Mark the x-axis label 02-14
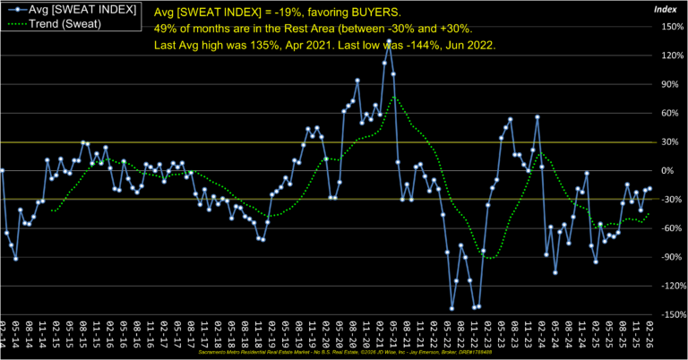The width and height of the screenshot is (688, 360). point(4,336)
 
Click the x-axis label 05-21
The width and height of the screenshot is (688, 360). point(394,336)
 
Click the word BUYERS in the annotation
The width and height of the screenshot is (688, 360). point(378,14)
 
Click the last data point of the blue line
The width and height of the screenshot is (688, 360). point(649,189)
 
